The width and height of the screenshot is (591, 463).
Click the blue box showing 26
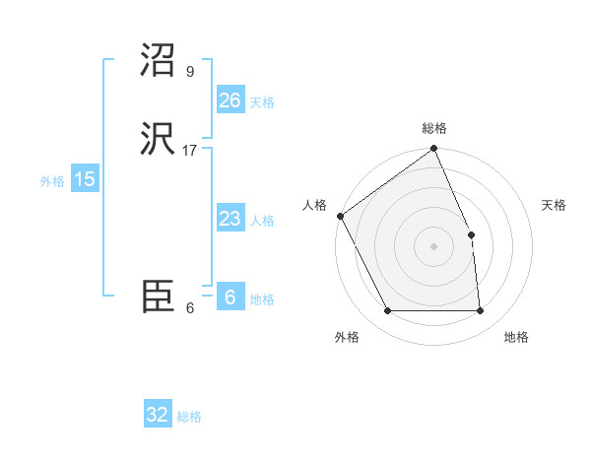(x=230, y=100)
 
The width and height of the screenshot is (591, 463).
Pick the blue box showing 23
(x=230, y=220)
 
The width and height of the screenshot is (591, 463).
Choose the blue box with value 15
(x=85, y=179)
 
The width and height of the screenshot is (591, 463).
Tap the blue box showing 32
(x=158, y=415)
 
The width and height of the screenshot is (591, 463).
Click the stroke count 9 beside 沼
(x=190, y=71)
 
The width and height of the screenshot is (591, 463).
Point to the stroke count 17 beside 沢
(x=190, y=150)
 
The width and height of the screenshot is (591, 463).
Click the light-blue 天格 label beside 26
(x=262, y=102)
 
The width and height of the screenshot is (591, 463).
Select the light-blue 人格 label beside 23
(x=262, y=221)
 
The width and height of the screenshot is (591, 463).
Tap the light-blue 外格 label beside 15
(x=52, y=181)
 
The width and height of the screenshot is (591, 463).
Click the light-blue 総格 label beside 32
(x=189, y=417)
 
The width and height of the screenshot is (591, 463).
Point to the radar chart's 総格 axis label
(x=434, y=128)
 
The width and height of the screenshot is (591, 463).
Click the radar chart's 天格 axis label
(x=555, y=205)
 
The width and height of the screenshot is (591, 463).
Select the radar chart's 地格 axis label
(x=516, y=337)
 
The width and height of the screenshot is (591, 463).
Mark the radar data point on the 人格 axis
(x=340, y=216)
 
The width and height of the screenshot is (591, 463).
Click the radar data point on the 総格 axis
(x=434, y=150)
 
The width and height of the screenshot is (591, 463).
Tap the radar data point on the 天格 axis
(x=472, y=234)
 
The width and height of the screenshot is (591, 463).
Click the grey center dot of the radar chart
(x=434, y=246)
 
